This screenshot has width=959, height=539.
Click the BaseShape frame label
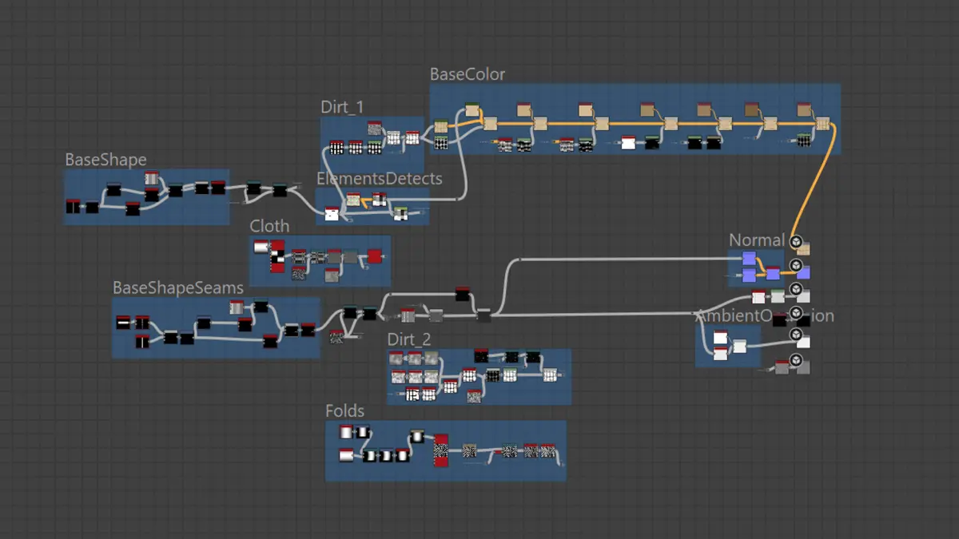[x=105, y=160]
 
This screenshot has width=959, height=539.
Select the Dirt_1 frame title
[x=342, y=107]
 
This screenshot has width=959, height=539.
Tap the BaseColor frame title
[x=468, y=74]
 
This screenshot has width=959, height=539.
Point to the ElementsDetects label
[x=379, y=178]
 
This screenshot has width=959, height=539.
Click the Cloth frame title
[x=269, y=226]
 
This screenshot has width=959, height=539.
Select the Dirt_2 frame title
[x=409, y=339]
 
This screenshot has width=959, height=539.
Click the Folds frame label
[x=344, y=411]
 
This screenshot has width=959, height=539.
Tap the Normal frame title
[x=756, y=240]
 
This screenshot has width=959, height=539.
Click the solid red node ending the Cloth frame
[x=374, y=256]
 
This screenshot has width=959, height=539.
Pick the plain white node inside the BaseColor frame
[x=628, y=144]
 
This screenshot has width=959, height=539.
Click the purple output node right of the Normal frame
[x=803, y=273]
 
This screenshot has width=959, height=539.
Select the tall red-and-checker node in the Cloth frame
[x=278, y=256]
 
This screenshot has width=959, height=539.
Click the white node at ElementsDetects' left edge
[x=332, y=213]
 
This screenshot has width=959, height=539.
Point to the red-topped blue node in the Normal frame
[x=772, y=273]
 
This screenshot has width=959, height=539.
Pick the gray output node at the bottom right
[x=802, y=367]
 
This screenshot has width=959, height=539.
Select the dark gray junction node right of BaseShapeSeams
[x=483, y=316]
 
